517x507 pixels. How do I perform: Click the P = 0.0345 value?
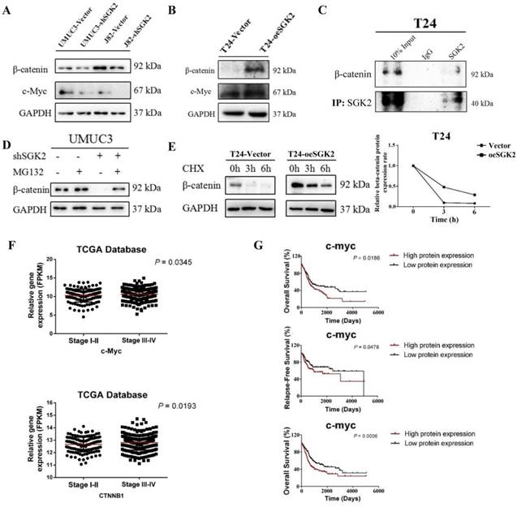point(181,262)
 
